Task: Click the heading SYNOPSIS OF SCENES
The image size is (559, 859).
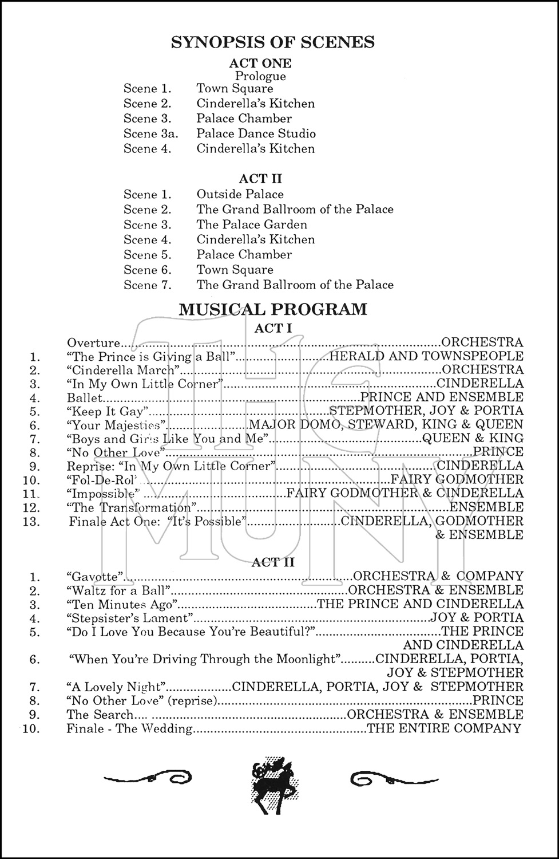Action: tap(273, 42)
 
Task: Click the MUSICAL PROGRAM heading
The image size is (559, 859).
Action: tap(273, 310)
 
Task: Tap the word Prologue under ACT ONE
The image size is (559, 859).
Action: tap(260, 76)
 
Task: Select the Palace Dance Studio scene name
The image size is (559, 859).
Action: tap(256, 133)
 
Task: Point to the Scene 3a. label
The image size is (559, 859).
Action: tap(150, 133)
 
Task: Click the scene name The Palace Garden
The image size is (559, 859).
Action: tap(252, 224)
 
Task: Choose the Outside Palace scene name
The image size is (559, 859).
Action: tap(240, 194)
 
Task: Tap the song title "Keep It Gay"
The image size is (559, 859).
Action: tap(108, 411)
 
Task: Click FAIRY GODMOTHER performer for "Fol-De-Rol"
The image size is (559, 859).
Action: tap(457, 479)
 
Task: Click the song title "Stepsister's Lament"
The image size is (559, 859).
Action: tap(129, 618)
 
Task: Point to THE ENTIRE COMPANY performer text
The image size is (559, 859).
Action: tap(444, 728)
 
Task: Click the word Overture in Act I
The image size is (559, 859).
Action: tap(93, 343)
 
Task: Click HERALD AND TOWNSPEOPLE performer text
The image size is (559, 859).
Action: tap(426, 356)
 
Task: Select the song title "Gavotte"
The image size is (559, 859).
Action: tap(95, 576)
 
